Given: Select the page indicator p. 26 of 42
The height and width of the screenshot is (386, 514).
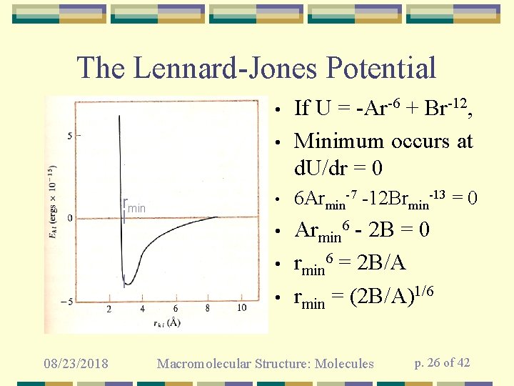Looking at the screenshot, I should click(442, 363).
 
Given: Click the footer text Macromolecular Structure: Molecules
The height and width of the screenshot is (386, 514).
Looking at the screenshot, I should click(265, 364).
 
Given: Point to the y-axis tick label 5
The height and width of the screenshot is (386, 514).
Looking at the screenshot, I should click(69, 134).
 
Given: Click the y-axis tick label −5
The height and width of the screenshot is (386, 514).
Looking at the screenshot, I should click(67, 301).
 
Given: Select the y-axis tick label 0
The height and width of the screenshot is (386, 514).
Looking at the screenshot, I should click(69, 218).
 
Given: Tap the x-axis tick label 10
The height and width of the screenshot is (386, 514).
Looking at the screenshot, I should click(241, 307).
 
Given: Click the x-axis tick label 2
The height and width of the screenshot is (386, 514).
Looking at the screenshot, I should click(109, 308).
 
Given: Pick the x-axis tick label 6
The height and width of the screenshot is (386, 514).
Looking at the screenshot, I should click(175, 308).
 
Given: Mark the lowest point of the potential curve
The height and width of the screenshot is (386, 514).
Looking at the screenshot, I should click(125, 284).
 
